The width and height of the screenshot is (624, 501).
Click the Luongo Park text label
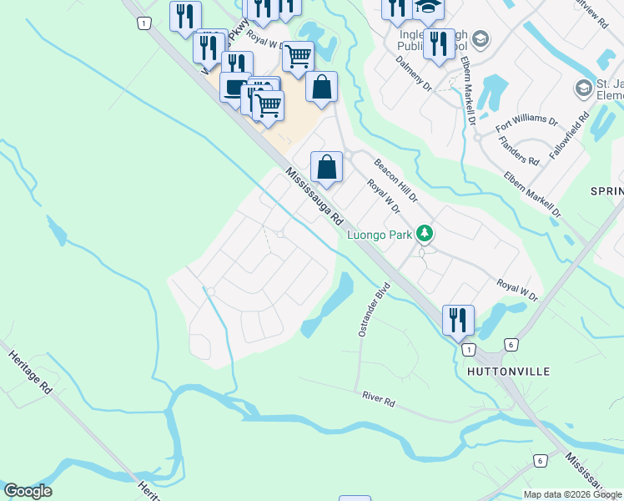[380, 235]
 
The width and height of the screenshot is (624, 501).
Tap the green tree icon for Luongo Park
[425, 233]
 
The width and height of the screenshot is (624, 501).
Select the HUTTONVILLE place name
[508, 371]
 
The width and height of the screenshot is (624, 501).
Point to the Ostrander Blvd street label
[374, 310]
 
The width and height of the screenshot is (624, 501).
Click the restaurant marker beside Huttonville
[458, 320]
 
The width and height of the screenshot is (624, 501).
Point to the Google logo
[28, 491]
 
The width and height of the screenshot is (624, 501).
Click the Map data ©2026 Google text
[572, 494]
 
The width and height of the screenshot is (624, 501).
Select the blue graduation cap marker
[429, 8]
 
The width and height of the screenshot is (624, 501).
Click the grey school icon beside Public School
[480, 38]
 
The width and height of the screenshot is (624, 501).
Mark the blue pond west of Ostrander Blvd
[327, 306]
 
